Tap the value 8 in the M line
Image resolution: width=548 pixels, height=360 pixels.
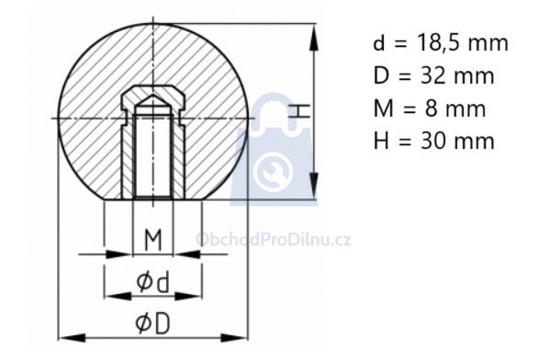[431, 108]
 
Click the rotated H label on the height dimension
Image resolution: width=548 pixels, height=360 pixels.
[300, 111]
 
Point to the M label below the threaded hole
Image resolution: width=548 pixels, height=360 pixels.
[153, 240]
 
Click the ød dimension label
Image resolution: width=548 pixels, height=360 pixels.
[152, 282]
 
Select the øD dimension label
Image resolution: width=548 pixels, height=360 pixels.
[152, 323]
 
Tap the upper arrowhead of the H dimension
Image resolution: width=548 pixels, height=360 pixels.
[314, 38]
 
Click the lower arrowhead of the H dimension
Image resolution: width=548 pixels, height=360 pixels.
[314, 186]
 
